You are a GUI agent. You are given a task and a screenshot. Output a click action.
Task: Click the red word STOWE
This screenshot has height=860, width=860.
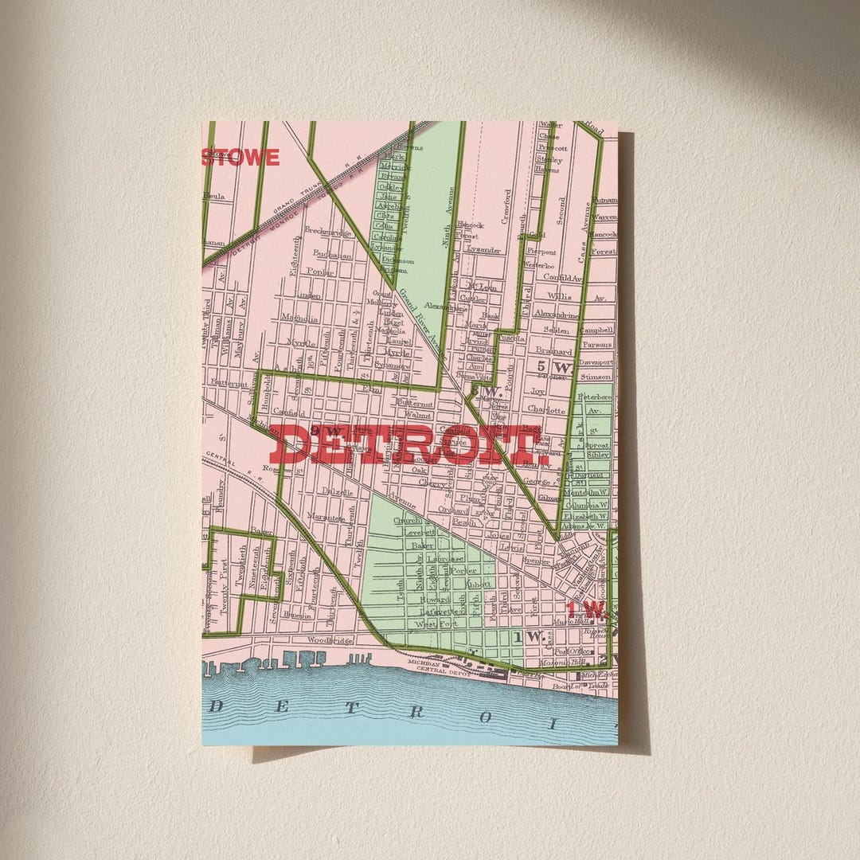pos(240,157)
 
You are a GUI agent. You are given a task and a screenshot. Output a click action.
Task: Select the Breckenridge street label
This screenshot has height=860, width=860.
pos(329,233)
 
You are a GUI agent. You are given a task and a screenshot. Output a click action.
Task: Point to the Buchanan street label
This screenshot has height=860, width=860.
pos(332,256)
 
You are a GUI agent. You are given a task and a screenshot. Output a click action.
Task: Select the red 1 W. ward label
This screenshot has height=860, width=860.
pos(587,611)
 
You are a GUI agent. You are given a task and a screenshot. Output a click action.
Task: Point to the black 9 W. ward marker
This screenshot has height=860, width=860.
pos(326,431)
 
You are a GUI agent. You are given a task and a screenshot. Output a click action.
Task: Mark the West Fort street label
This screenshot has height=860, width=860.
pos(438,623)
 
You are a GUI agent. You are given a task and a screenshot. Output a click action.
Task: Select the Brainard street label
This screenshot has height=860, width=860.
pos(553,350)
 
